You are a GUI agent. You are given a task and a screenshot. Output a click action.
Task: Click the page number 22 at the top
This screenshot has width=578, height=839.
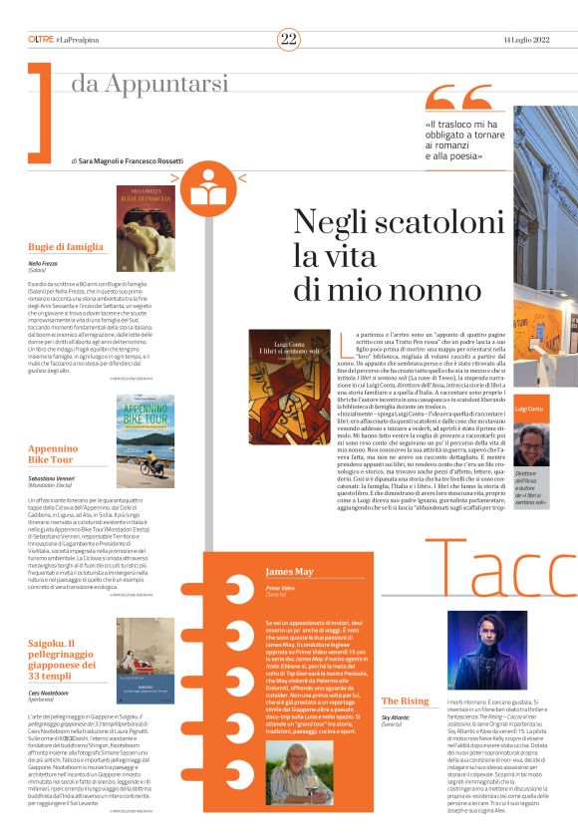pyautogui.click(x=288, y=39)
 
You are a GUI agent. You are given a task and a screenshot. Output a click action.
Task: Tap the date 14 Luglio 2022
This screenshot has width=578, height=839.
pyautogui.click(x=526, y=39)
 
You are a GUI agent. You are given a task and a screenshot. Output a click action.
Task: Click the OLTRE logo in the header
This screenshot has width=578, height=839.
pyautogui.click(x=41, y=39)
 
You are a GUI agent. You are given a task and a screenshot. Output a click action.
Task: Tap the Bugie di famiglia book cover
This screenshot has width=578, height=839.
pyautogui.click(x=145, y=228)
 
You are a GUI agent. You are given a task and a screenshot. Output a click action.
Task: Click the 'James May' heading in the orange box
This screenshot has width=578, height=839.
pyautogui.click(x=291, y=572)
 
